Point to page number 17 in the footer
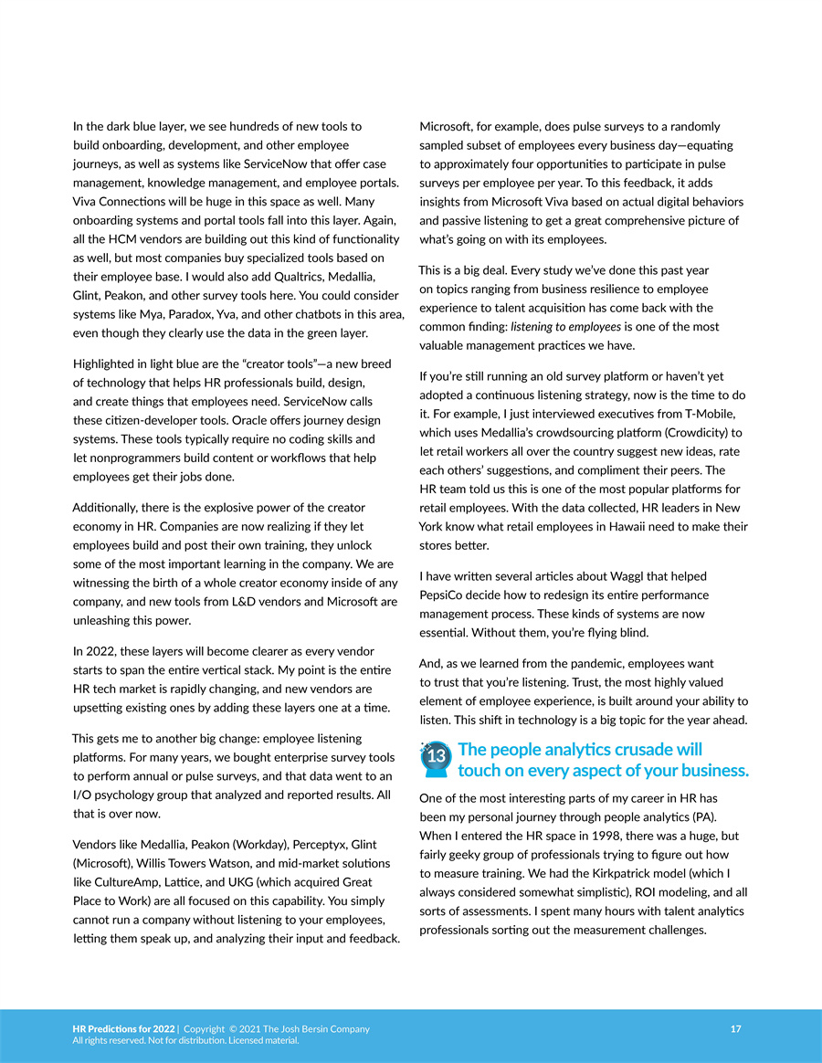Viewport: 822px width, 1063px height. pos(736,1029)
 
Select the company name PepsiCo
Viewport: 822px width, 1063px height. pos(444,595)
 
